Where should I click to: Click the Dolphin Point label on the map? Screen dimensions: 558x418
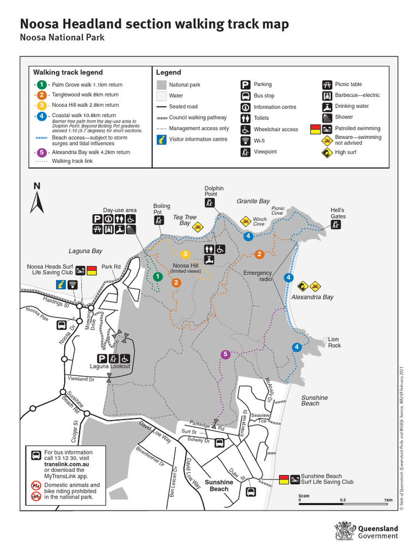point(211,191)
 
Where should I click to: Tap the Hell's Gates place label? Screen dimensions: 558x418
point(338,213)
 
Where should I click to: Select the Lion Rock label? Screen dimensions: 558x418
point(334,342)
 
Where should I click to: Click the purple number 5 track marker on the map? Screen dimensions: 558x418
point(225,355)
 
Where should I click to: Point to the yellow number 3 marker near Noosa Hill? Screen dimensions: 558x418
point(185,254)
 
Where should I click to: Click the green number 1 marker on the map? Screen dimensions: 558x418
point(158,277)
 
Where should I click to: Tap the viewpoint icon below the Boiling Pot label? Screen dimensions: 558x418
point(158,221)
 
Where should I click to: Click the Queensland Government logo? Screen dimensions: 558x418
point(367,531)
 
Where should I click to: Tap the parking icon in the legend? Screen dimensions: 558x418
point(245,84)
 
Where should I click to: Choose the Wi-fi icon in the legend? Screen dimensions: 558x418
point(245,141)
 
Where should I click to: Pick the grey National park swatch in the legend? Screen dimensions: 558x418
point(161,85)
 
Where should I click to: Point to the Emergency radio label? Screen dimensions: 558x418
point(257,276)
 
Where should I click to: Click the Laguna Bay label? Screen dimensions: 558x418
point(85,251)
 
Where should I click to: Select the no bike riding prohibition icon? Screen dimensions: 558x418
point(35,496)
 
